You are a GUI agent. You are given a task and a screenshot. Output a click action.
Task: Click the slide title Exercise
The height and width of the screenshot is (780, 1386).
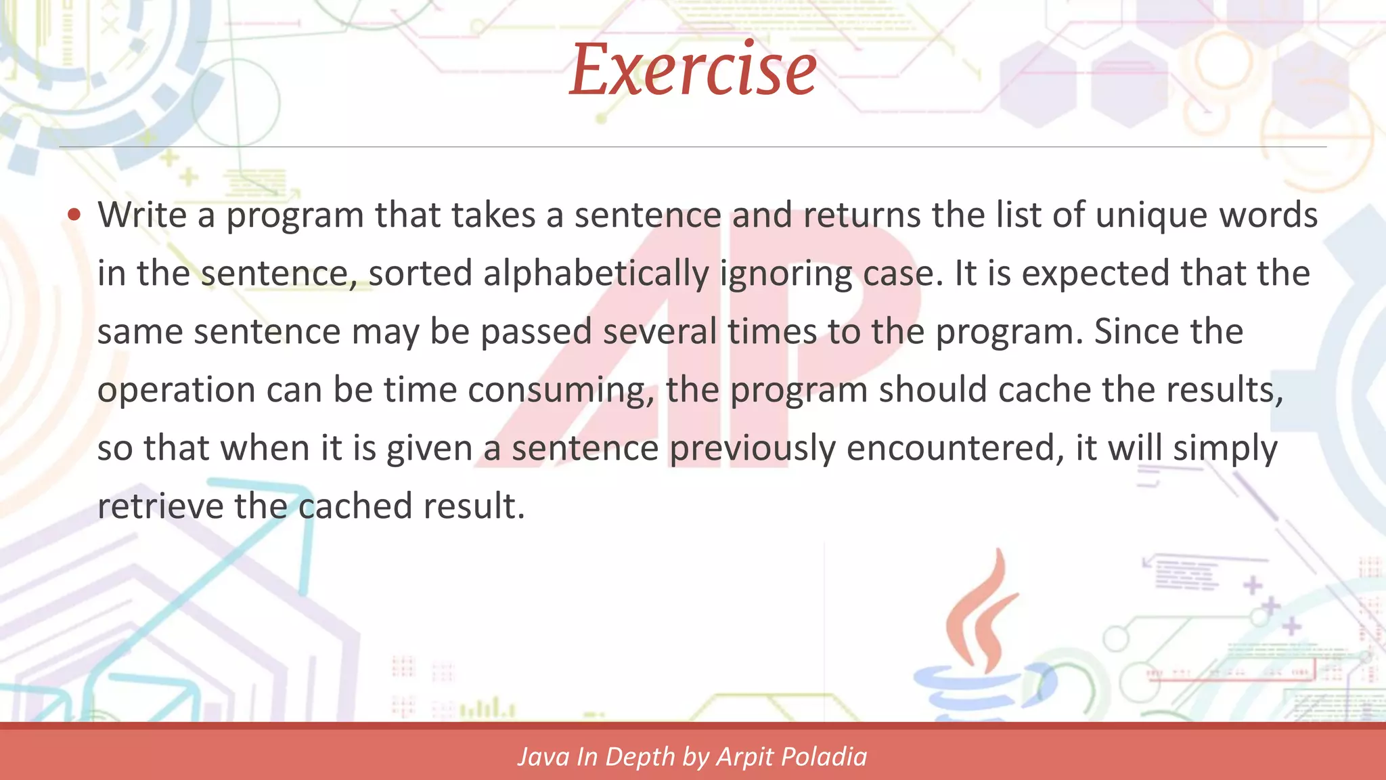[693, 69]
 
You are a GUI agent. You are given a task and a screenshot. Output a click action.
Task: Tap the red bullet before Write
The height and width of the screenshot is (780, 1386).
[74, 215]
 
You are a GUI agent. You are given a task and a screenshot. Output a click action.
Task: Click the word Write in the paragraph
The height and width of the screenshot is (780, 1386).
[142, 215]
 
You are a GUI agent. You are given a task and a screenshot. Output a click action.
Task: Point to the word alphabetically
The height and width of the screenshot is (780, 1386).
[596, 274]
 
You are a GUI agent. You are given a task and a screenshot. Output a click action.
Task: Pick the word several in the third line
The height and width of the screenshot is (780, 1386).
[659, 332]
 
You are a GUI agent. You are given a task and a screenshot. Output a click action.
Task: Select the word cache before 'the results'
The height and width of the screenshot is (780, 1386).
[1044, 390]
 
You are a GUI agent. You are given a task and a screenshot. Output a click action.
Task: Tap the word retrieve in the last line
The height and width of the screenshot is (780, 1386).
[160, 506]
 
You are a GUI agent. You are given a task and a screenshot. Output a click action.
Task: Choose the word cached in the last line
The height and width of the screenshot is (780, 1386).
[355, 506]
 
